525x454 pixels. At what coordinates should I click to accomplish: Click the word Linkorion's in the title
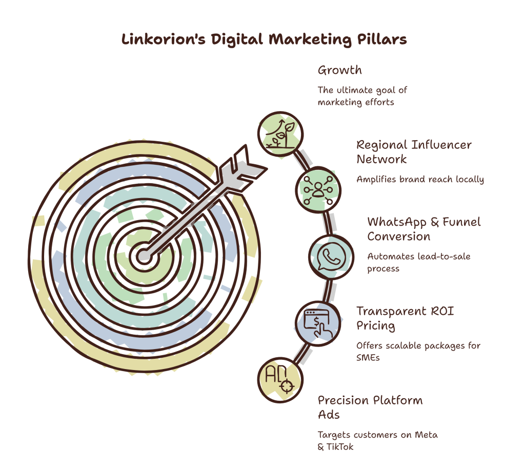(163, 39)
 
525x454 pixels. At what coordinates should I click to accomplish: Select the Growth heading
(339, 70)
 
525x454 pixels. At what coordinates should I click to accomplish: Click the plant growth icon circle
(280, 134)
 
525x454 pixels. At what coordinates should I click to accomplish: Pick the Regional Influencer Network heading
(414, 152)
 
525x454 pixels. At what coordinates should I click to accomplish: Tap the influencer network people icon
(318, 190)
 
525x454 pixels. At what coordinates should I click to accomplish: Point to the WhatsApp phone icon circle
(331, 257)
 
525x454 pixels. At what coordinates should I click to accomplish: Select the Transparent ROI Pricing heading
(405, 318)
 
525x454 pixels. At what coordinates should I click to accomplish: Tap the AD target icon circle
(280, 380)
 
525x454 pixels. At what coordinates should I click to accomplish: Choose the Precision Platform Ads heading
(370, 407)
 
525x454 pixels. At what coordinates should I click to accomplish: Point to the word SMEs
(368, 358)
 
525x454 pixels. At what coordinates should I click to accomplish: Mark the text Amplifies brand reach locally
(420, 179)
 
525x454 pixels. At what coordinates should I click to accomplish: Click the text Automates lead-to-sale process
(419, 263)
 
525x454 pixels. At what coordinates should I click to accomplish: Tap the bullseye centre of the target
(144, 256)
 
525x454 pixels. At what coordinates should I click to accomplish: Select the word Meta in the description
(426, 435)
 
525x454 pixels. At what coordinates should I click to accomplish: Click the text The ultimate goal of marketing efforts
(362, 96)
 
